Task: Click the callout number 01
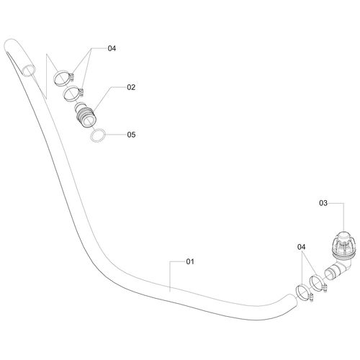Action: coord(190,261)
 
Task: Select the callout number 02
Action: coord(131,87)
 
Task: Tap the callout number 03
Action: coord(323,203)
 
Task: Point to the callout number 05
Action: coord(131,135)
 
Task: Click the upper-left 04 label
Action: coord(112,48)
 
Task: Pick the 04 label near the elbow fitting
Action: coord(302,247)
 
